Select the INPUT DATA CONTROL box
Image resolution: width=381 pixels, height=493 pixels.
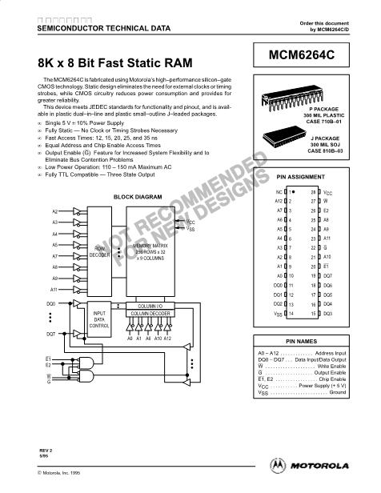tap(99, 319)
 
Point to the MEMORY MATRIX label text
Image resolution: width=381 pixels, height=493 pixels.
tap(150, 245)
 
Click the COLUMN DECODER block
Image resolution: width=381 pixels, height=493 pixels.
tap(150, 315)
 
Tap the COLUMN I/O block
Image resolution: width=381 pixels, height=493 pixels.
tap(150, 305)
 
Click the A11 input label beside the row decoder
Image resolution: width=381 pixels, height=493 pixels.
tap(54, 288)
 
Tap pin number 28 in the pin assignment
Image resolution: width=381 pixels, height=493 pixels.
tap(315, 193)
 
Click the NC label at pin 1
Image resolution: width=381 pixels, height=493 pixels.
tap(278, 193)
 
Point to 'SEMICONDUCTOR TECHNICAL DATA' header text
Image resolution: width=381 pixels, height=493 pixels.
tap(92, 27)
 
